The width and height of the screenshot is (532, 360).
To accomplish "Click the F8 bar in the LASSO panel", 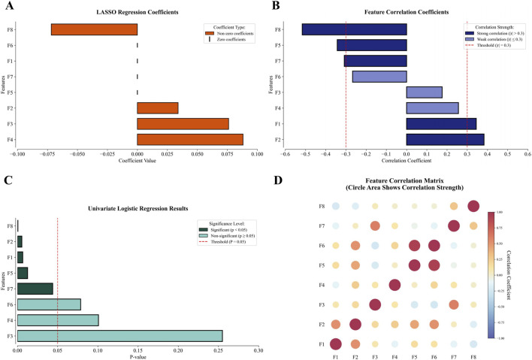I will point(94,29).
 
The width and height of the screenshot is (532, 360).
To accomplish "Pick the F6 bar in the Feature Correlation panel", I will point(379,76).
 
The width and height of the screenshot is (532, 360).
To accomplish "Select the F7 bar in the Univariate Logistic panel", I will point(35,289).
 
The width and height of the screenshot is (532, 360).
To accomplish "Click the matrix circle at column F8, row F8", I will point(473,206).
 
